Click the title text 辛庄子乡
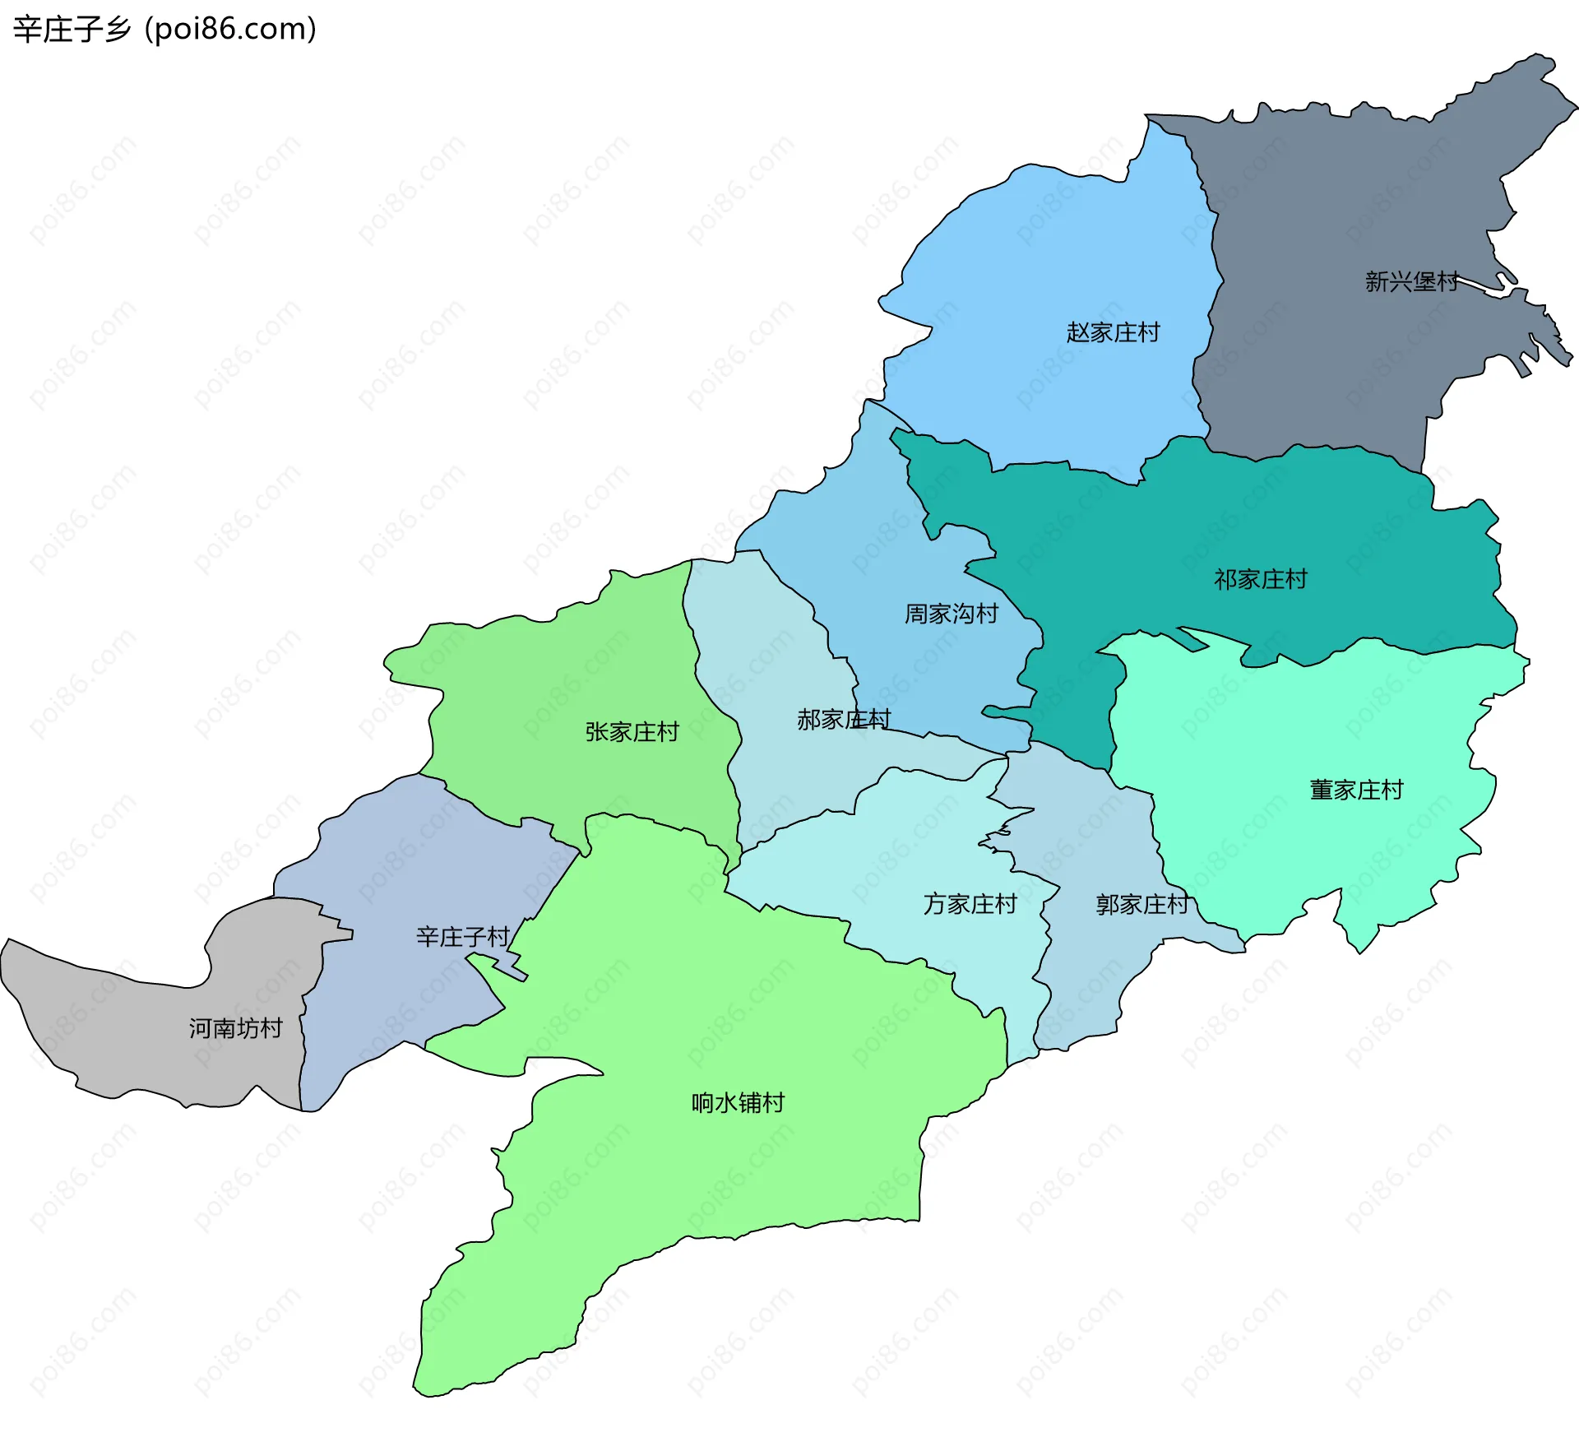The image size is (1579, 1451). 72,30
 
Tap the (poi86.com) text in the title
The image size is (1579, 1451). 230,30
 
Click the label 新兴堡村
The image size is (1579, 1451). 1411,282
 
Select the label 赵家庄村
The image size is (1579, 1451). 1113,332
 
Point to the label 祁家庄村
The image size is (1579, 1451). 1260,580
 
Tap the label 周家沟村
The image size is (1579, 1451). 951,614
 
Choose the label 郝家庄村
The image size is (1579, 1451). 843,720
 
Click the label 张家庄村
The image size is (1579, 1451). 632,732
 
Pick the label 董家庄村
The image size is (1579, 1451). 1355,790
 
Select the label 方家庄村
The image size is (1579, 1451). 970,905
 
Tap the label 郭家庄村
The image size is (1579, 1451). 1141,905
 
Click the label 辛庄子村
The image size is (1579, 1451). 462,937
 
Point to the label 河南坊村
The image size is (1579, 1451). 235,1028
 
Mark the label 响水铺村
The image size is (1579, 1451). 738,1103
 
